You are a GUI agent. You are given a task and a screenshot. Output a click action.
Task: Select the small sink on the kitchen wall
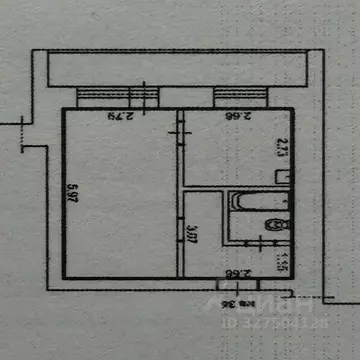[283, 175]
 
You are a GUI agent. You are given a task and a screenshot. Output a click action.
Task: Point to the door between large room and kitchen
[180, 130]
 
